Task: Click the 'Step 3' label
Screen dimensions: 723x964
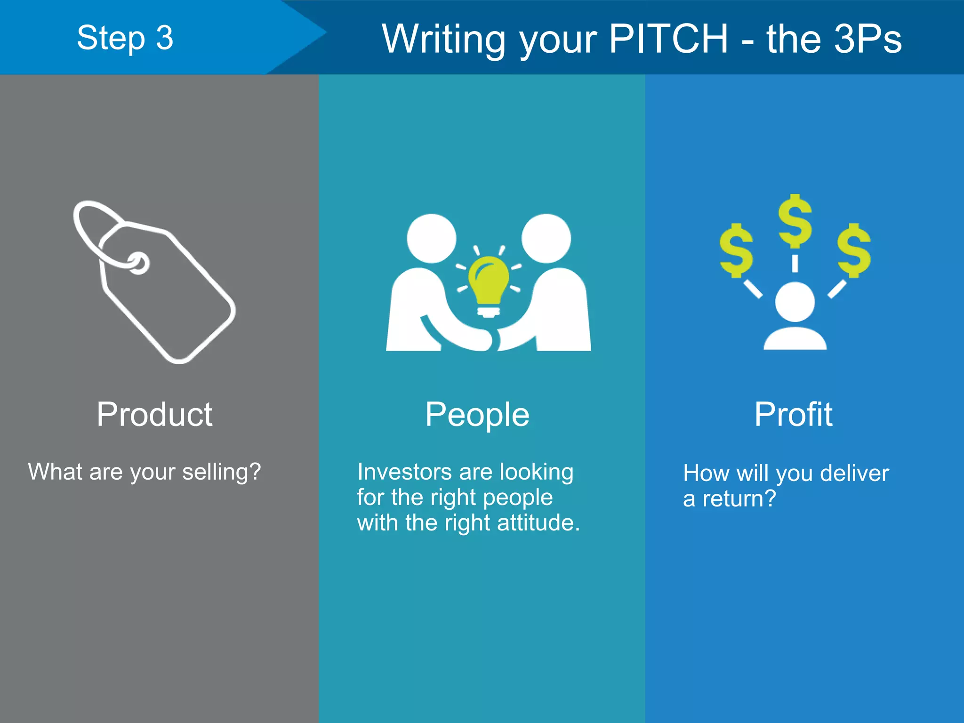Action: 125,38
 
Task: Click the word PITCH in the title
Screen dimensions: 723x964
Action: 668,39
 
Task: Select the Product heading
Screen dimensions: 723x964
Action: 154,414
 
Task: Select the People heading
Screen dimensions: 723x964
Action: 477,414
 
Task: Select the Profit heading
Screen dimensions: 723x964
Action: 794,414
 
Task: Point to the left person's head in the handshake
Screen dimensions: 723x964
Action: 431,238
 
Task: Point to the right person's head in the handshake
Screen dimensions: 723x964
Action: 546,238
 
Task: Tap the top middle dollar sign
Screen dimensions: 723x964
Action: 795,221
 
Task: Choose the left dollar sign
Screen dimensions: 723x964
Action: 736,250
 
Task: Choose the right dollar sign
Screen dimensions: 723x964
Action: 854,250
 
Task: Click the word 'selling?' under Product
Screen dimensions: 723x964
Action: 221,472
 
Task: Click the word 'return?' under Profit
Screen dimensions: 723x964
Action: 739,499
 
